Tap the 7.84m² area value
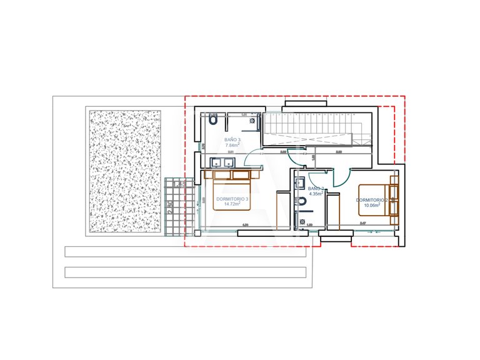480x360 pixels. point(232,145)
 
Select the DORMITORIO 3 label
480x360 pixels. point(232,199)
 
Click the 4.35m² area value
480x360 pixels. point(316,194)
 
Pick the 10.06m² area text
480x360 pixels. point(372,205)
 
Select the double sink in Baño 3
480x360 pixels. point(224,163)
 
